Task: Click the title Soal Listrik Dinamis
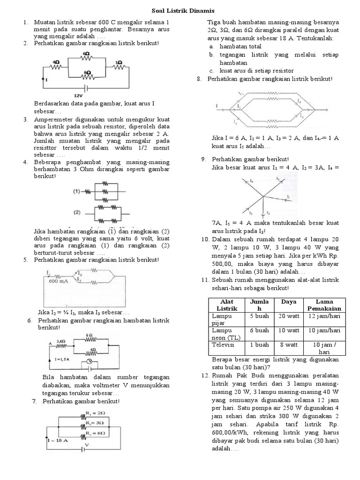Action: (180, 10)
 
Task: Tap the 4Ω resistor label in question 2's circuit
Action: (56, 62)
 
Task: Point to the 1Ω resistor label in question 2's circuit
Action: (119, 62)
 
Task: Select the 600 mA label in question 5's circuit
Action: (56, 281)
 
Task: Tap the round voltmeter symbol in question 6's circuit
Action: (84, 363)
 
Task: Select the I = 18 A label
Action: (58, 441)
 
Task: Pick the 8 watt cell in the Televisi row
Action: (289, 344)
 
